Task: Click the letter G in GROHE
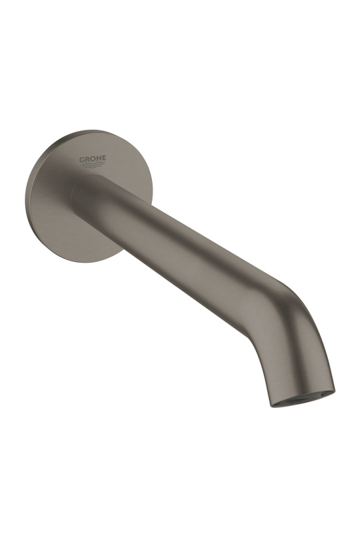click(82, 159)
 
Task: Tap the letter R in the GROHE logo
click(88, 159)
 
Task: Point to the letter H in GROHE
click(99, 158)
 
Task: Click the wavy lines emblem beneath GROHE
click(93, 165)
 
